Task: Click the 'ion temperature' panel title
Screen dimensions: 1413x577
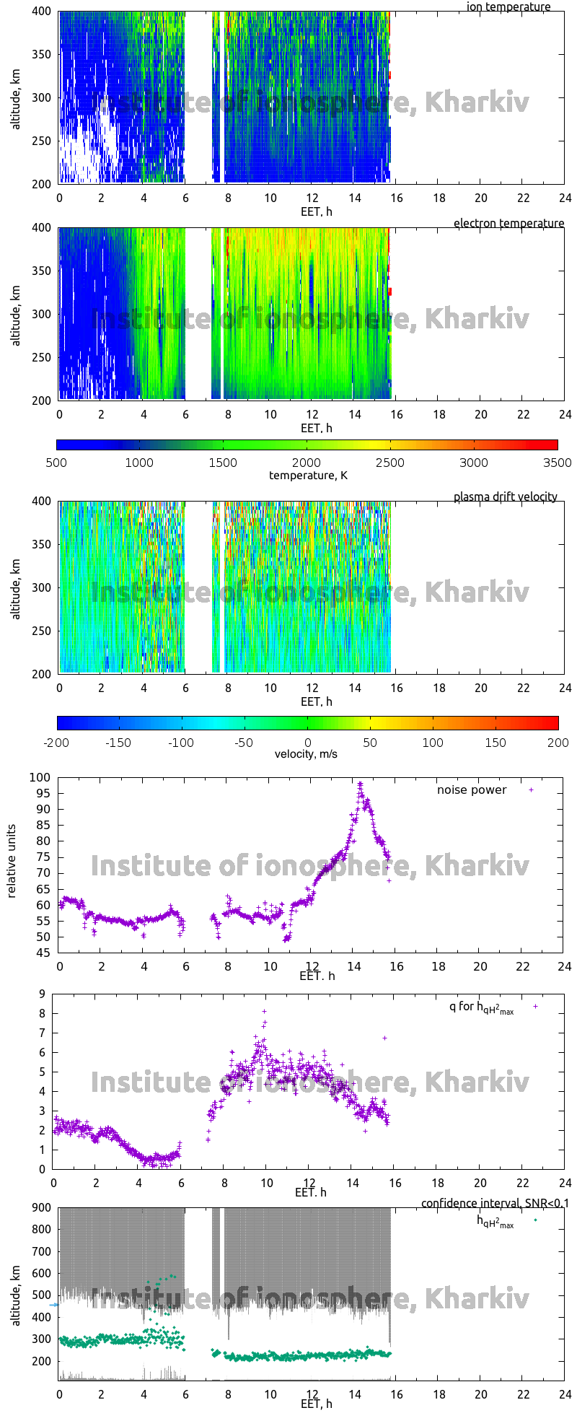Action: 508,7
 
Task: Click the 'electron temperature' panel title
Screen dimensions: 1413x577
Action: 508,223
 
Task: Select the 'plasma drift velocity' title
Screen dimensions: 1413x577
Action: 505,496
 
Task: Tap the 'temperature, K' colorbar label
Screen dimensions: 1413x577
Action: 308,475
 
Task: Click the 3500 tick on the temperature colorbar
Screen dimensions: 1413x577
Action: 557,463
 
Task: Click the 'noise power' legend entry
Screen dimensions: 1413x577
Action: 472,789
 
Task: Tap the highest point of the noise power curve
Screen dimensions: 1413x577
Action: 360,783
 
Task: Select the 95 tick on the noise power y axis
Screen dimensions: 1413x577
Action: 43,793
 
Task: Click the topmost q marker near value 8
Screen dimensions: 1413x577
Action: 264,1011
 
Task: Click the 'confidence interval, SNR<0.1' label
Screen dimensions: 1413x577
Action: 494,1203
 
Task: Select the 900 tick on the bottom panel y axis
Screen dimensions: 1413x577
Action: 40,1207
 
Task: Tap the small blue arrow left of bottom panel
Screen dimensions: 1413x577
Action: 53,1304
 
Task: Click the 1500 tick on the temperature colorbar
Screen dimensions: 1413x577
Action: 223,463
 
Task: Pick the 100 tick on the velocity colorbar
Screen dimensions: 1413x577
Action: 433,742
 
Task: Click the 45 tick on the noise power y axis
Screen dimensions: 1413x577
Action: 43,953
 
